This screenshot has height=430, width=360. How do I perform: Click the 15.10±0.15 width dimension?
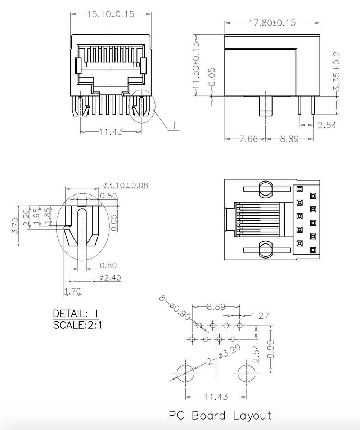111,14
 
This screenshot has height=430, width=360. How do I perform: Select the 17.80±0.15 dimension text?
272,23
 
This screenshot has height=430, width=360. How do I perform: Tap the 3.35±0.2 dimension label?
337,71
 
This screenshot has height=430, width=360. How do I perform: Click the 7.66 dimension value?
249,139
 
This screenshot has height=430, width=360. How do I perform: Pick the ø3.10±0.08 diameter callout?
125,185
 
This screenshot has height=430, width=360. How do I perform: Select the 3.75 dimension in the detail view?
15,225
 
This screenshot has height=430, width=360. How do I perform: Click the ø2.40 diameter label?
110,278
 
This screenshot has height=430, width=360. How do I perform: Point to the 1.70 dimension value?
73,291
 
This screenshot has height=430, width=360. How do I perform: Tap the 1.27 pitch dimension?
260,316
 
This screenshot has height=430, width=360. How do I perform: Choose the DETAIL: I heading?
75,313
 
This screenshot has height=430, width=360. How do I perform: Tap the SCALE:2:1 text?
77,325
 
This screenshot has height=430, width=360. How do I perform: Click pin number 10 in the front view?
136,65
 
